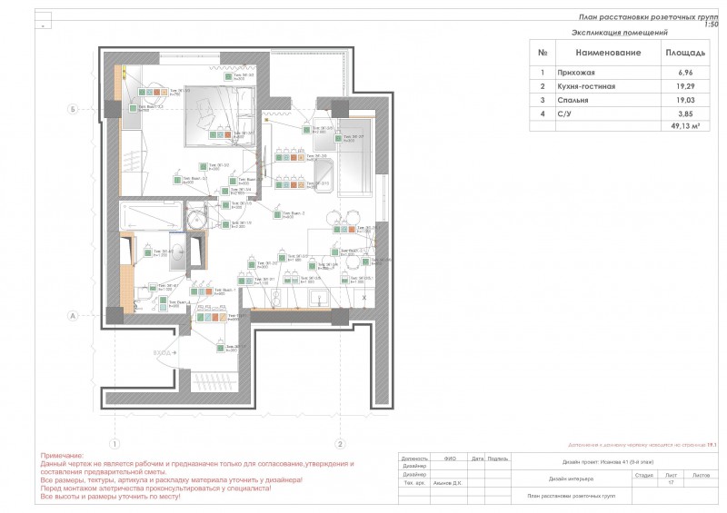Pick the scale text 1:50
coord(712,25)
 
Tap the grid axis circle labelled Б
coord(72,109)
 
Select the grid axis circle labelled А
coord(72,317)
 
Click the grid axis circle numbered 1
coord(115,444)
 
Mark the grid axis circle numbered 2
coord(339,444)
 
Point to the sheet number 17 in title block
coord(671,483)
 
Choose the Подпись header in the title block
coord(497,459)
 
